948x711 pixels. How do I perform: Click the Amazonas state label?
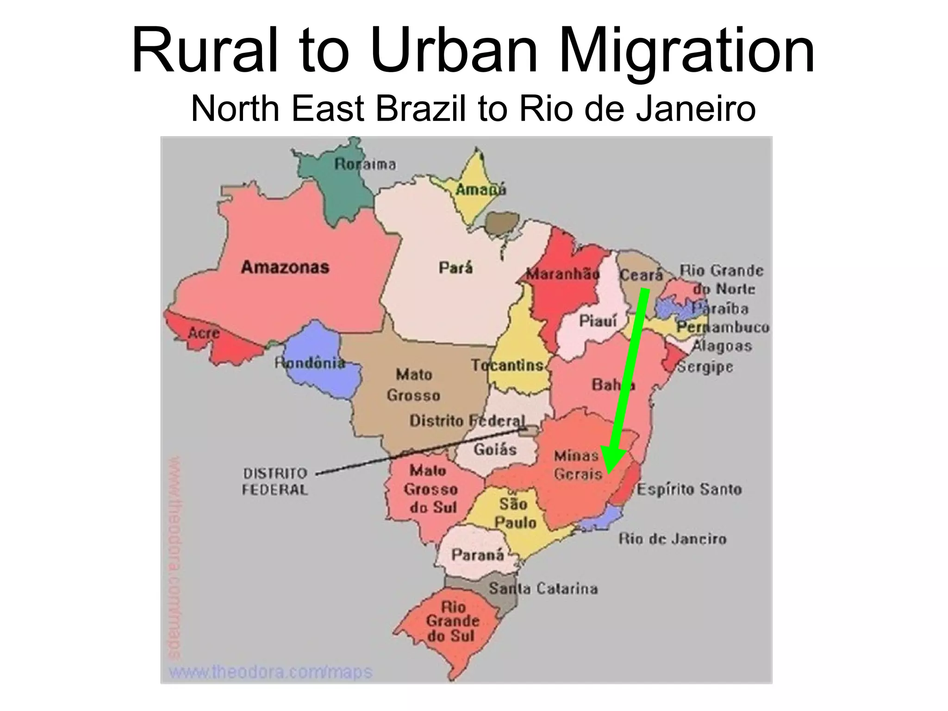[x=285, y=267]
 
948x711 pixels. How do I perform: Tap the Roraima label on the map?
[x=365, y=164]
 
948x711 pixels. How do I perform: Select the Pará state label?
[x=455, y=268]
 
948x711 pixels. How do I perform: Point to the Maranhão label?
[x=562, y=274]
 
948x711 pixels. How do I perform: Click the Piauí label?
[x=598, y=320]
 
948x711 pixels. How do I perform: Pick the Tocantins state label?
[x=507, y=365]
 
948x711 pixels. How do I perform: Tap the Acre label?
[x=204, y=332]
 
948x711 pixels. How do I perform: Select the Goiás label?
[x=495, y=449]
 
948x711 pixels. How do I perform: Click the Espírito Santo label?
[x=689, y=489]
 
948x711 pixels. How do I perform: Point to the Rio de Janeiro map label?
[x=672, y=539]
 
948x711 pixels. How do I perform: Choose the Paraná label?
[x=477, y=555]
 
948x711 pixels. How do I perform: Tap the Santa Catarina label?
[x=543, y=588]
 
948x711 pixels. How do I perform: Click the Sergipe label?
[x=705, y=367]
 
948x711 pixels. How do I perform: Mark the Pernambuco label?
[x=723, y=327]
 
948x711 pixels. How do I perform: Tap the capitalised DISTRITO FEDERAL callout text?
[x=275, y=481]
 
